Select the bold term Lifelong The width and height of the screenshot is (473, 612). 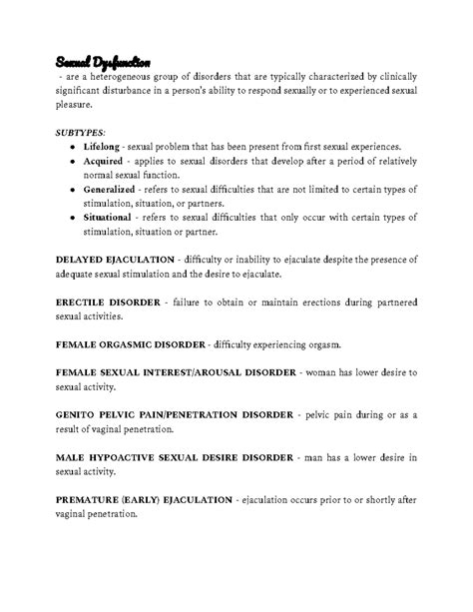pos(104,146)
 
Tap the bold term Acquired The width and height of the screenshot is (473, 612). pos(106,162)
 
